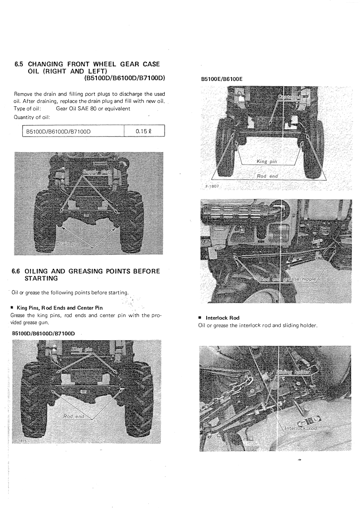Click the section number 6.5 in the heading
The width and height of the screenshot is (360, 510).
19,64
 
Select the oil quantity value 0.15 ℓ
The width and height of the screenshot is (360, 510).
144,131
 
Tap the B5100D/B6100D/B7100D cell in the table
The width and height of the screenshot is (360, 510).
58,132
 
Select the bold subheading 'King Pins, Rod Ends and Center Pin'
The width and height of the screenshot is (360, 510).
60,308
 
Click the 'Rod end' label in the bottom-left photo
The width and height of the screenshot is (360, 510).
73,416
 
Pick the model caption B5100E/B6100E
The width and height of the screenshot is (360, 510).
222,79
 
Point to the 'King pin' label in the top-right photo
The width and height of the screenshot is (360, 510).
267,162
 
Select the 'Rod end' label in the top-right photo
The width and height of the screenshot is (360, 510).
267,176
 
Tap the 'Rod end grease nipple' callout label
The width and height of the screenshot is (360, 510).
288,279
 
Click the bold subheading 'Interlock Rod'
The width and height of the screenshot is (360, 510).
222,318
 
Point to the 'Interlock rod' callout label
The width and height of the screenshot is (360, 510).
301,428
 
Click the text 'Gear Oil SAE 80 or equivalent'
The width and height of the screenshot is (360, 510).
93,109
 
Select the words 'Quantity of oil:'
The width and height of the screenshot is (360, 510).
32,117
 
